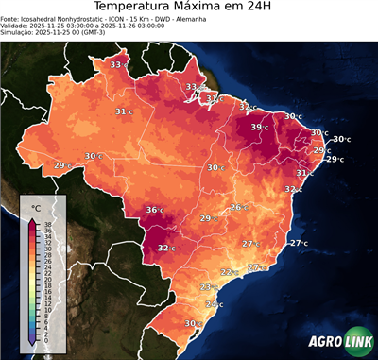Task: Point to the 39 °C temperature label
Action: (259, 128)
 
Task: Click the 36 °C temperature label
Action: (154, 210)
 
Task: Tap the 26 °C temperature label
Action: (238, 208)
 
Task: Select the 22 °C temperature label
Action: (228, 272)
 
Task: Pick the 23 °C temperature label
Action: (208, 287)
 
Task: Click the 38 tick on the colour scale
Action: (47, 225)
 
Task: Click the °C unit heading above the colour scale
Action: (36, 207)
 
